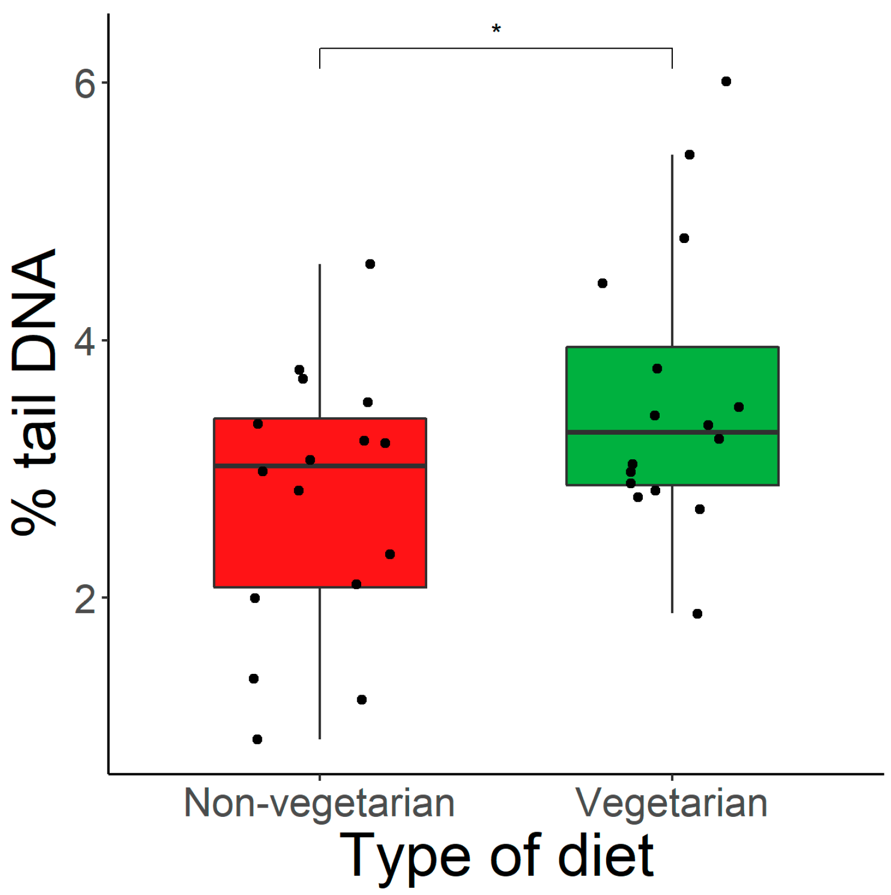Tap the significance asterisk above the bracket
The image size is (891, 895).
click(x=495, y=29)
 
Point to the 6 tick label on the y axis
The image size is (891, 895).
click(x=85, y=84)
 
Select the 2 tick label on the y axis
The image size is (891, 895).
click(x=85, y=599)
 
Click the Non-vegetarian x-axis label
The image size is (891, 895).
click(x=319, y=803)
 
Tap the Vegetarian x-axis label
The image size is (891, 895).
click(x=672, y=803)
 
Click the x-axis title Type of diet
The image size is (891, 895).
click(x=496, y=856)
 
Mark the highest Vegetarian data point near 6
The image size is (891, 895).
click(x=726, y=81)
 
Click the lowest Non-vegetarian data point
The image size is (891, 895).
click(x=257, y=739)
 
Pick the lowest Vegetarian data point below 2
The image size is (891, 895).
click(x=697, y=614)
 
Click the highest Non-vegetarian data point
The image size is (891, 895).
click(x=370, y=264)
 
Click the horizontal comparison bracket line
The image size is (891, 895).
click(x=495, y=49)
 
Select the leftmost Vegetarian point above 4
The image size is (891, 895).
click(x=602, y=283)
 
